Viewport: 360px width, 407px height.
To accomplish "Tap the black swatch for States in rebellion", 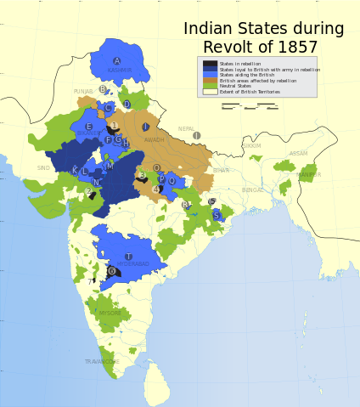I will click(x=210, y=64).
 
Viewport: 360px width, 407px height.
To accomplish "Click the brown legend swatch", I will click(x=210, y=80).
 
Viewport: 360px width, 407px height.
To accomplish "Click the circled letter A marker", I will click(x=117, y=61).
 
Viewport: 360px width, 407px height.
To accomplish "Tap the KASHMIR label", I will click(x=120, y=71).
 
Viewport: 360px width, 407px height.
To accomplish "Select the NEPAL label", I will click(x=186, y=129).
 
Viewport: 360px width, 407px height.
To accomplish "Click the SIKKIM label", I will click(x=251, y=146).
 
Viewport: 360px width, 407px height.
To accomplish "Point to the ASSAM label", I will click(x=298, y=154).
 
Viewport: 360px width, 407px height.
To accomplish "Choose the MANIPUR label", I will click(x=309, y=174).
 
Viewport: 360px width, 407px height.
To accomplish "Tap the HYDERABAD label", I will click(x=132, y=264).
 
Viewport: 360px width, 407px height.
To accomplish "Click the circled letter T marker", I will click(x=128, y=256).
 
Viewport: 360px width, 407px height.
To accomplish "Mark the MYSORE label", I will click(x=110, y=313).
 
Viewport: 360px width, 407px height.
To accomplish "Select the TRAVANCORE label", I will click(x=102, y=361).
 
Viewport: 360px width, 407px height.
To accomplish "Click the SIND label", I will click(x=43, y=168).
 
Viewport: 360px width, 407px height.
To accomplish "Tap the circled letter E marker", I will click(x=88, y=127).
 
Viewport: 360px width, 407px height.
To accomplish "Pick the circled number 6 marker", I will click(x=111, y=271).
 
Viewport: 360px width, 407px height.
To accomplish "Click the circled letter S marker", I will click(x=217, y=216).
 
